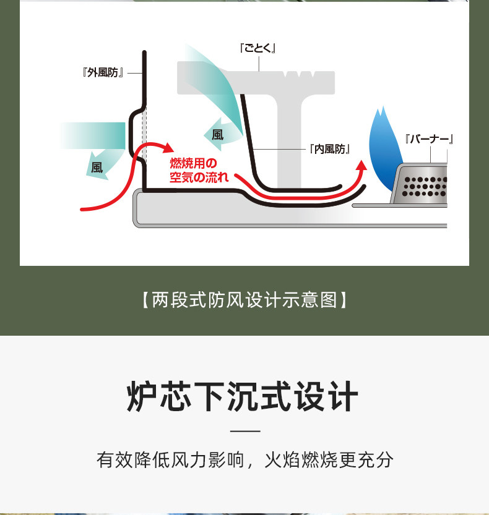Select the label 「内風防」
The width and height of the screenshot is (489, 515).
[x=329, y=149]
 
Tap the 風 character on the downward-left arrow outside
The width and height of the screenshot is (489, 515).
[x=97, y=168]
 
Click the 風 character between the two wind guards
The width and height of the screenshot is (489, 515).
[x=217, y=134]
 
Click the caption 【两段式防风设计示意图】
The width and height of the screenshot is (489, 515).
[x=244, y=300]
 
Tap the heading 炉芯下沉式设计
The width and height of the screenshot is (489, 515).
[x=243, y=396]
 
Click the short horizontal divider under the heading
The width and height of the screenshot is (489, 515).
[x=244, y=431]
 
